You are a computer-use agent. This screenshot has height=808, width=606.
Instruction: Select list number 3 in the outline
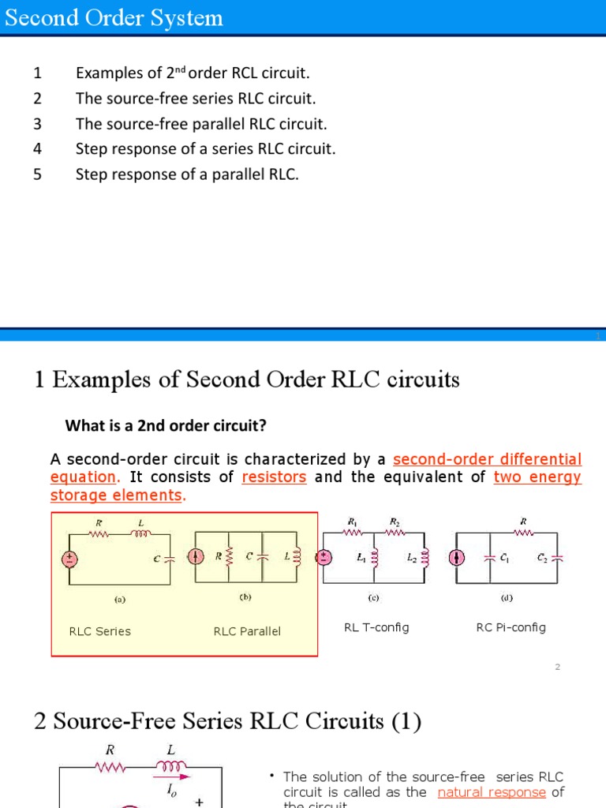pyautogui.click(x=37, y=124)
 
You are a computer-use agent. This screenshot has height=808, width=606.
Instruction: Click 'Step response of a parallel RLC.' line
pyautogui.click(x=187, y=174)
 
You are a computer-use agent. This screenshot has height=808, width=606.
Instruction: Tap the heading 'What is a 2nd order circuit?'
pyautogui.click(x=166, y=426)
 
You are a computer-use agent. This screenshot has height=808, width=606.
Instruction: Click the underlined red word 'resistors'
pyautogui.click(x=274, y=477)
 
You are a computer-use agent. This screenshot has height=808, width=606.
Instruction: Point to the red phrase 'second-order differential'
pyautogui.click(x=487, y=459)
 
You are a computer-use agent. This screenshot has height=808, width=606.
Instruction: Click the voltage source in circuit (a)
pyautogui.click(x=70, y=559)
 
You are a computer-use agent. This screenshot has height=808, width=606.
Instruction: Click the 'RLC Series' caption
pyautogui.click(x=100, y=631)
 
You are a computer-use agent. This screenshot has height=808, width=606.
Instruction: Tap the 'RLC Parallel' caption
pyautogui.click(x=247, y=631)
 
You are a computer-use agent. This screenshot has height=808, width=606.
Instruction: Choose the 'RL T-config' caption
pyautogui.click(x=376, y=627)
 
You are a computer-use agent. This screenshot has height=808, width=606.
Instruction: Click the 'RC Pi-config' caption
pyautogui.click(x=511, y=627)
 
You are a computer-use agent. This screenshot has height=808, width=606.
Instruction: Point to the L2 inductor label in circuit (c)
pyautogui.click(x=411, y=557)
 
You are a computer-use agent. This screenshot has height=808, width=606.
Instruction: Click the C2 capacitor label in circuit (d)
pyautogui.click(x=542, y=557)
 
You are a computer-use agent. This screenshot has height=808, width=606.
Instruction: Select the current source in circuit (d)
pyautogui.click(x=456, y=557)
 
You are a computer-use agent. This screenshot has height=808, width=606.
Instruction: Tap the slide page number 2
pyautogui.click(x=557, y=667)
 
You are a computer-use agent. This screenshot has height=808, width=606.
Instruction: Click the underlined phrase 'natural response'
pyautogui.click(x=492, y=792)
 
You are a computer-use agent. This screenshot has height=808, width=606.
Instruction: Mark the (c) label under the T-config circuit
pyautogui.click(x=374, y=597)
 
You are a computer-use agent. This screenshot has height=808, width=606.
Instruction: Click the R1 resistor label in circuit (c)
pyautogui.click(x=352, y=522)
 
